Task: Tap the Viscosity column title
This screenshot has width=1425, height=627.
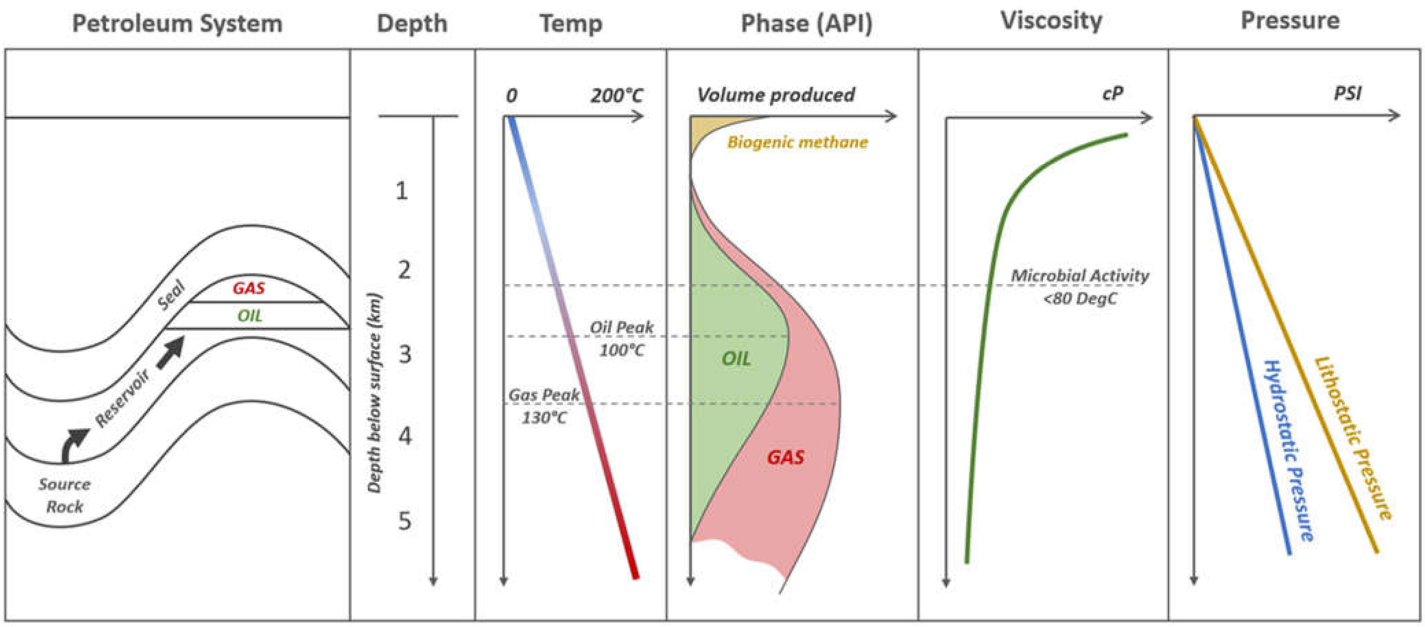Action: pos(1051,21)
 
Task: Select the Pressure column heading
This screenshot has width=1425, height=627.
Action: pos(1290,21)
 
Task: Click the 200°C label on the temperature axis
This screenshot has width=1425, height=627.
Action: pos(616,96)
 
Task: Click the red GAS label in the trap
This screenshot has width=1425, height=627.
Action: pos(248,288)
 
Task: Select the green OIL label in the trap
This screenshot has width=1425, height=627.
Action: pos(249,316)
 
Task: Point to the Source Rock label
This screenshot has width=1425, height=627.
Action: pos(64,495)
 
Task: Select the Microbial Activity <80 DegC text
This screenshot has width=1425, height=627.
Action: pos(1080,287)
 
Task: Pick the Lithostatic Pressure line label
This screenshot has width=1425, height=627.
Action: pos(1353,437)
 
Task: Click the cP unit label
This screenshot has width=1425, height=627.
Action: pos(1113,94)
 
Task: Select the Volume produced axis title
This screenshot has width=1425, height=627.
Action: pos(775,95)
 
